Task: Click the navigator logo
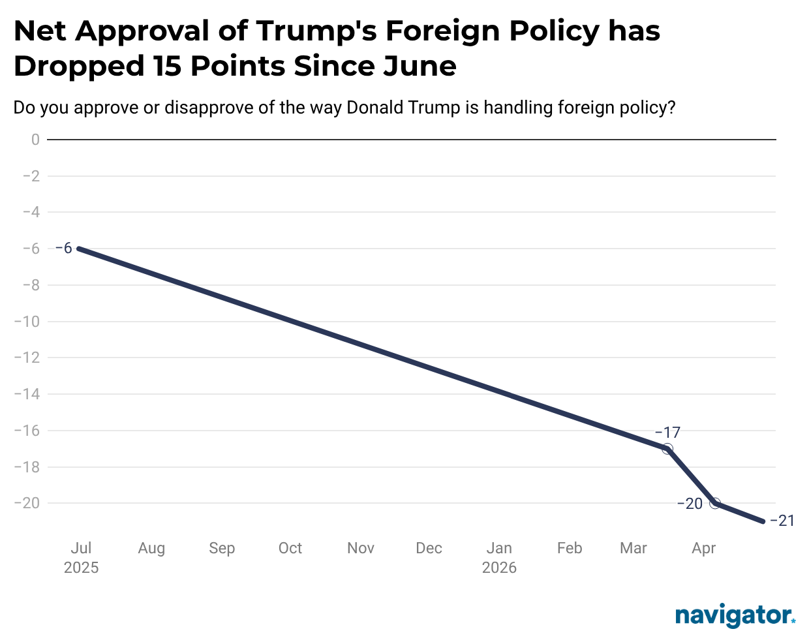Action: click(x=735, y=615)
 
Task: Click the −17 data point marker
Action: click(x=667, y=449)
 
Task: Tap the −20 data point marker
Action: click(x=715, y=503)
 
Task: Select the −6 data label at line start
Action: click(x=63, y=248)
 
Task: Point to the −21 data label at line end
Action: click(x=782, y=521)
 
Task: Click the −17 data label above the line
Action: click(x=667, y=433)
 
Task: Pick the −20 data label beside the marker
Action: click(x=690, y=504)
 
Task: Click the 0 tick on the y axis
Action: click(x=35, y=140)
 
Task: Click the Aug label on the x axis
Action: click(x=151, y=548)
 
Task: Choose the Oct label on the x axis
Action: click(x=290, y=548)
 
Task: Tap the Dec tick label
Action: click(x=429, y=548)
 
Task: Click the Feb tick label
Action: click(x=570, y=548)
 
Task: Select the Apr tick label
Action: click(x=704, y=548)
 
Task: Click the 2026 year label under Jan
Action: click(x=499, y=568)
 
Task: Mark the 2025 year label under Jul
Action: click(x=81, y=568)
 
